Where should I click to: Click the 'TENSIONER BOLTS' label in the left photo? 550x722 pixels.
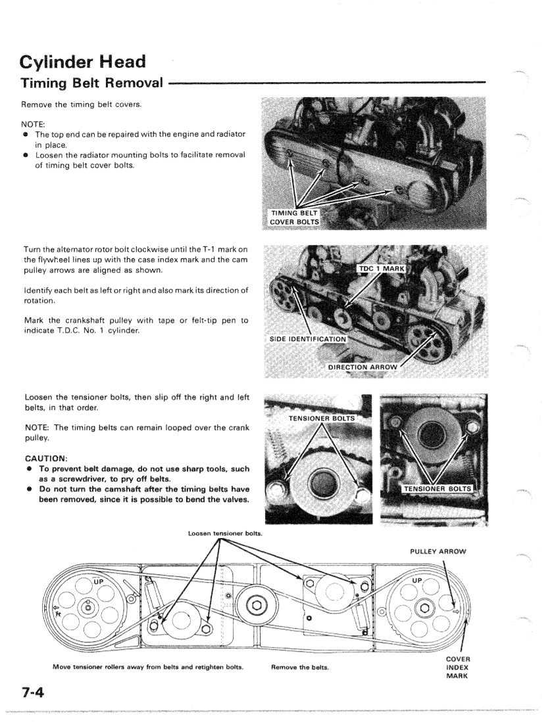[321, 418]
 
